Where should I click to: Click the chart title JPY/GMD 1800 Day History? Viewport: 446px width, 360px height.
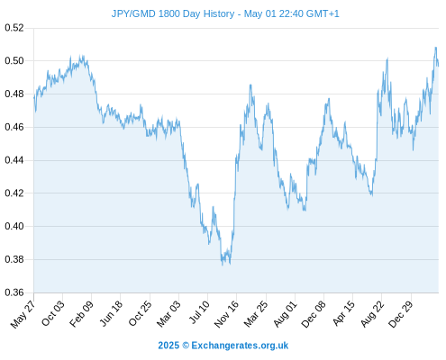pyautogui.click(x=173, y=13)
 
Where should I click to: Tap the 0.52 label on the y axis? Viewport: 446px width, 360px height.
pyautogui.click(x=14, y=28)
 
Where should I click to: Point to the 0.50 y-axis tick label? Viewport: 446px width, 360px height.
pyautogui.click(x=14, y=61)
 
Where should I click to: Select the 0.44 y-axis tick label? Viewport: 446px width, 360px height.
pyautogui.click(x=14, y=160)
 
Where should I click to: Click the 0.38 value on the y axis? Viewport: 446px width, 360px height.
pyautogui.click(x=14, y=259)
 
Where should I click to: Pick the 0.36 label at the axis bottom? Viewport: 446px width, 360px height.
pyautogui.click(x=14, y=292)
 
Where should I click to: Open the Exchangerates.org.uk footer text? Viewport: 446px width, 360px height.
pyautogui.click(x=240, y=346)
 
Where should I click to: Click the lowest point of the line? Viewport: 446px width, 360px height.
pyautogui.click(x=223, y=265)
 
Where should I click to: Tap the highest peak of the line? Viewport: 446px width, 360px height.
pyautogui.click(x=435, y=47)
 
